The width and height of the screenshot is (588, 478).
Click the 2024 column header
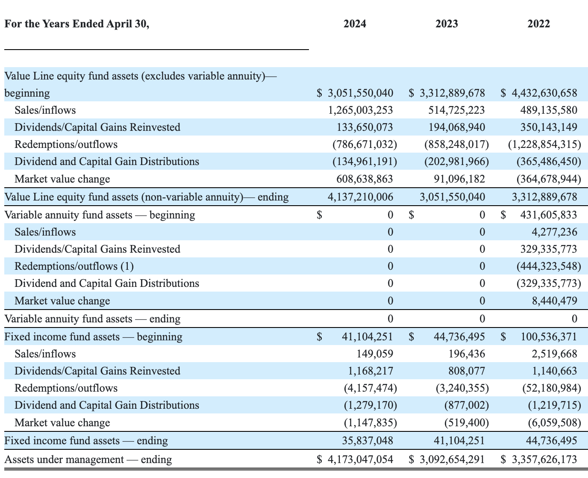pos(355,24)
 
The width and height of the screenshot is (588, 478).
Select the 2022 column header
pos(538,24)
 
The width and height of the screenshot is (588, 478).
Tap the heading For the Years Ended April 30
pos(77,24)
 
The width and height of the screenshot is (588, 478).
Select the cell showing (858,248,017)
pos(456,145)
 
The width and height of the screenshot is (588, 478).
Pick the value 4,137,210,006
pos(360,197)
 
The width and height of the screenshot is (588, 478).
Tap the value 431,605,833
pos(548,215)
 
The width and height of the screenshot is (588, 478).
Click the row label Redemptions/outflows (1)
pos(74,266)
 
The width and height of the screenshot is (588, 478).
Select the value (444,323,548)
pos(548,266)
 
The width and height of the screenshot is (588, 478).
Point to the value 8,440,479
pos(554,301)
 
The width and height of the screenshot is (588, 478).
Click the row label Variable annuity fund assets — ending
pos(92,319)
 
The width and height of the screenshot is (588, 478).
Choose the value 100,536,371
pos(548,336)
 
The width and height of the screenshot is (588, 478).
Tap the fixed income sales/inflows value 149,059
pos(375,354)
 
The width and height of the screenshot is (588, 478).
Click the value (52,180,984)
pos(551,388)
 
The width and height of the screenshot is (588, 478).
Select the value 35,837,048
pos(367,440)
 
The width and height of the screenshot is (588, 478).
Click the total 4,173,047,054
pos(360,460)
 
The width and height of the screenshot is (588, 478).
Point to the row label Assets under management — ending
pos(88,460)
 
